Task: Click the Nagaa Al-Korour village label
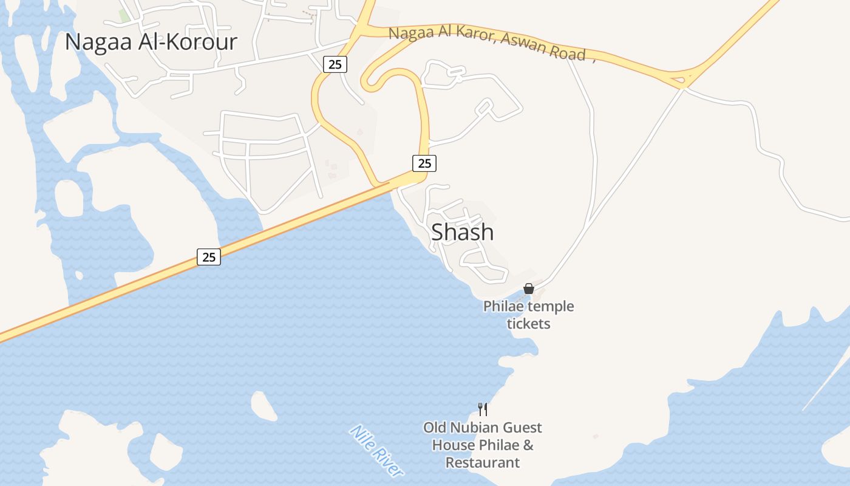pyautogui.click(x=151, y=42)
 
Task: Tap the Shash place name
pyautogui.click(x=462, y=232)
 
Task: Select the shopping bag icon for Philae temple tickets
pyautogui.click(x=529, y=289)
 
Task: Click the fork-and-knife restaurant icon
pyautogui.click(x=483, y=409)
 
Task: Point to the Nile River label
pyautogui.click(x=376, y=450)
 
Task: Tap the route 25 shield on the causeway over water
pyautogui.click(x=209, y=257)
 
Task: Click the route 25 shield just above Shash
pyautogui.click(x=424, y=163)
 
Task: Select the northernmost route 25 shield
pyautogui.click(x=335, y=64)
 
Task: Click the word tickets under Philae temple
pyautogui.click(x=528, y=324)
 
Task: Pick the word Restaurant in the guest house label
pyautogui.click(x=483, y=462)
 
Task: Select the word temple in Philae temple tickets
pyautogui.click(x=550, y=306)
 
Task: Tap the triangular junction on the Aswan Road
pyautogui.click(x=683, y=79)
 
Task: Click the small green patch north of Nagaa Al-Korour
pyautogui.click(x=125, y=15)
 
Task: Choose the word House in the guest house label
pyautogui.click(x=454, y=445)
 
